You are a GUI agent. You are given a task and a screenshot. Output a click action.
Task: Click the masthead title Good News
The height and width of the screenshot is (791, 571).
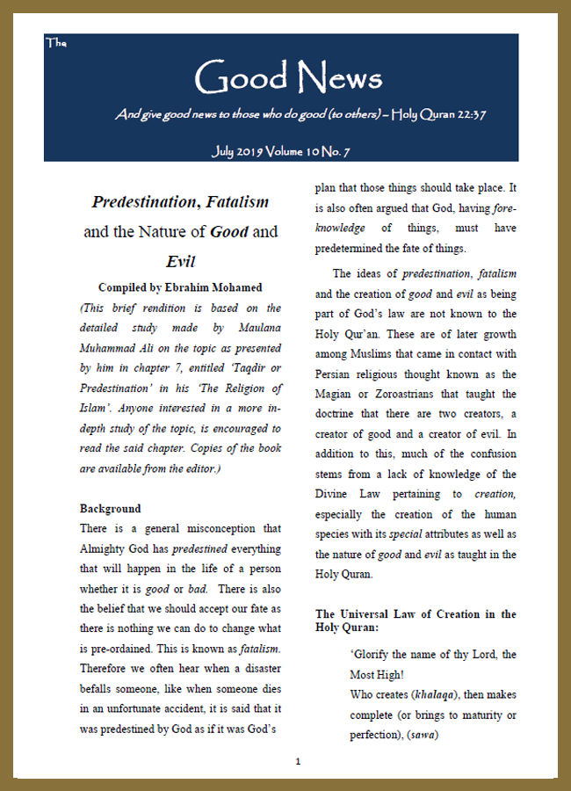288,78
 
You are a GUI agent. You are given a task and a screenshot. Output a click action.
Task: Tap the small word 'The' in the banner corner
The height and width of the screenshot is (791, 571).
54,42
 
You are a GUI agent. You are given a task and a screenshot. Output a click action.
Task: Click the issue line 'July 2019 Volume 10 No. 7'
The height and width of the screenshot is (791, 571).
281,152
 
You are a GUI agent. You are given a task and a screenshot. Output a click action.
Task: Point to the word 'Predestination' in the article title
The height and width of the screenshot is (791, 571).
145,202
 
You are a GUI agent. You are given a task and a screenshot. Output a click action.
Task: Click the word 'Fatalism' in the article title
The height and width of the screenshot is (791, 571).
237,202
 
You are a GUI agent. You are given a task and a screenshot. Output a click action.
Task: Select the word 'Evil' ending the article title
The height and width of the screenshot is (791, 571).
180,261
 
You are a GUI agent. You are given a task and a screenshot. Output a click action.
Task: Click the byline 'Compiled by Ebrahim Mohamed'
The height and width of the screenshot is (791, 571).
180,287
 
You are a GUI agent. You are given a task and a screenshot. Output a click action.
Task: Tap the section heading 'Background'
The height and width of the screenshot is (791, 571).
111,509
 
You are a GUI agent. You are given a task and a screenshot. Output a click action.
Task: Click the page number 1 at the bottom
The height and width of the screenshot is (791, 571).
298,761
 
